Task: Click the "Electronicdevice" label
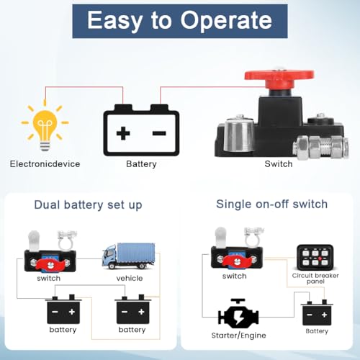click(x=45, y=164)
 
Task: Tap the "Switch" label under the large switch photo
click(x=279, y=164)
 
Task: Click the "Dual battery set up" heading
click(x=88, y=205)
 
